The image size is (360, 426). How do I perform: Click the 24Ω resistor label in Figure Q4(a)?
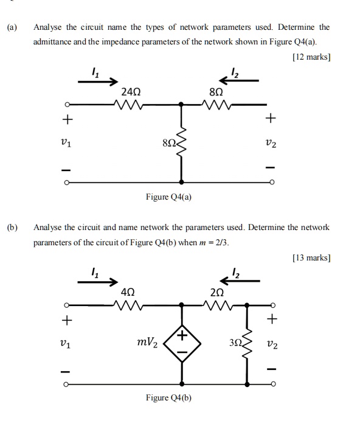[x=131, y=93]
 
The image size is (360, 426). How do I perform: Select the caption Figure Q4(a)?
[x=168, y=197]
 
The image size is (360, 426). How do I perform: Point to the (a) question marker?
[x=12, y=27]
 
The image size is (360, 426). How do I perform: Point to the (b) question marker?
[x=12, y=227]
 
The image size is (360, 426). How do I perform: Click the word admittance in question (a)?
[x=55, y=42]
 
